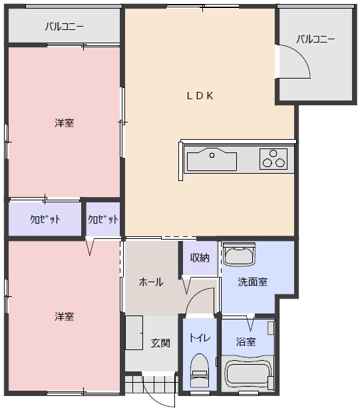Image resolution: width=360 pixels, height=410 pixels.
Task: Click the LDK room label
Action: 200,95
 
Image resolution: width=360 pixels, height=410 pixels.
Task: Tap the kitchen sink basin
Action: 212,160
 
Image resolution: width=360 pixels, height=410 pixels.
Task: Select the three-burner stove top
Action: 273,160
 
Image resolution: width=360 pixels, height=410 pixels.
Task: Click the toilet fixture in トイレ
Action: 199,369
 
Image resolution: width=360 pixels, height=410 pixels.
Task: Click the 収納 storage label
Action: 200,258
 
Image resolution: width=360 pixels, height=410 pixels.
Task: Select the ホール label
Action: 151,282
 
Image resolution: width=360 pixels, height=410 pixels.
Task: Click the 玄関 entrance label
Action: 160,343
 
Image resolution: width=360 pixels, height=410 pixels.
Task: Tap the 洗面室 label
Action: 253,282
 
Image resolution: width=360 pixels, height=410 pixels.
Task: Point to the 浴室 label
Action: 246,342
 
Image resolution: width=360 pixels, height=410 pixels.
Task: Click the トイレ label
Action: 200,338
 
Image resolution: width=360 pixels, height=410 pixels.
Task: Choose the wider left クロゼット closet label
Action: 45,219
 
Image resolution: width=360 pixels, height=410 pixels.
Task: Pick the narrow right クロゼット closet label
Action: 103,219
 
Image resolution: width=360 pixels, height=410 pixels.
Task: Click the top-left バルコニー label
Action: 65,27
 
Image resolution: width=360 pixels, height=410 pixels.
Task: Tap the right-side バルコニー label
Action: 315,39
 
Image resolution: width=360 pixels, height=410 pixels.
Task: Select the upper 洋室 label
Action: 65,123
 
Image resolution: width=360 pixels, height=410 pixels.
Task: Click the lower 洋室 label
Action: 65,316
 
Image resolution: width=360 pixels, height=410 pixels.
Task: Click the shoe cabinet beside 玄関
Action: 135,332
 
